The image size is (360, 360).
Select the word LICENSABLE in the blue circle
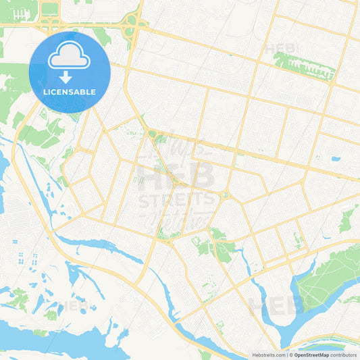tap(70, 91)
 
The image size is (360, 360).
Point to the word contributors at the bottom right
tap(343, 354)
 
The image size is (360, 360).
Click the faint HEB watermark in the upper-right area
tap(280, 49)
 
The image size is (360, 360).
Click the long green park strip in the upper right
tap(304, 66)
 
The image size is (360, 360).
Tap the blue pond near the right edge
tap(336, 159)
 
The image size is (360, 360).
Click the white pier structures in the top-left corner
tap(22, 14)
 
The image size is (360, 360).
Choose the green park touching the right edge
tap(349, 220)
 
